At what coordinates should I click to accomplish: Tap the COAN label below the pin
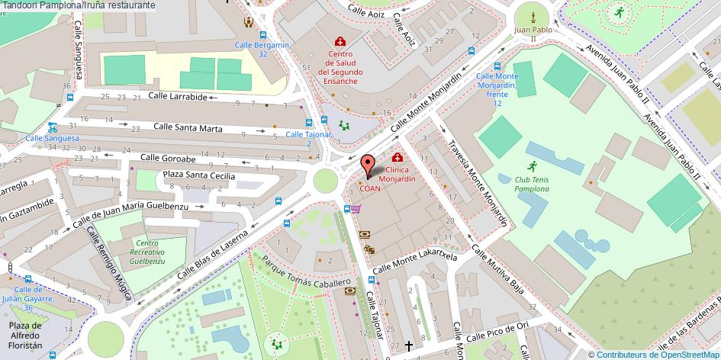(x=370, y=189)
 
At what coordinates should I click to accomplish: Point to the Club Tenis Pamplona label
(x=531, y=184)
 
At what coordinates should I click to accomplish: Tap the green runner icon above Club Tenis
(x=531, y=166)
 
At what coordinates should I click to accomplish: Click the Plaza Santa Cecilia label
(x=195, y=176)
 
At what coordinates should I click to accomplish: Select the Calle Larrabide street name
(x=178, y=97)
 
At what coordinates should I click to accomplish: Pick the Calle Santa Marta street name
(x=188, y=127)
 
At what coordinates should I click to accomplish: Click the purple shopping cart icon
(x=356, y=209)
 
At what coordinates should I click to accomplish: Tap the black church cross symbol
(x=409, y=346)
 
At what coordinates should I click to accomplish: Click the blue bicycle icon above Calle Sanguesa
(x=52, y=127)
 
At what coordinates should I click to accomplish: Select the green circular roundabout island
(x=325, y=180)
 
